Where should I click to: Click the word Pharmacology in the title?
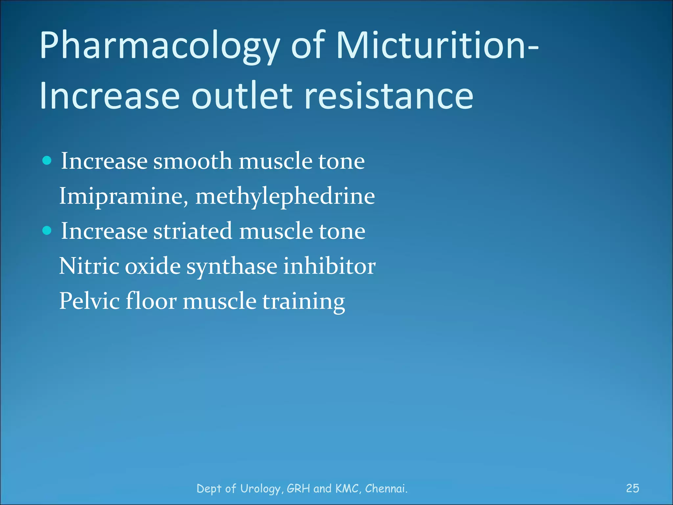(159, 46)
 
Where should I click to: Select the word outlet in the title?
(242, 96)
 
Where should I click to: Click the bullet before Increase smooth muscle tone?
(47, 160)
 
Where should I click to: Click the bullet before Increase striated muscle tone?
(47, 230)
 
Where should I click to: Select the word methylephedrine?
(285, 196)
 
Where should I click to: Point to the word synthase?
(232, 266)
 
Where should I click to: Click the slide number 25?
(632, 488)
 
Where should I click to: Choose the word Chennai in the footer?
(386, 488)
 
